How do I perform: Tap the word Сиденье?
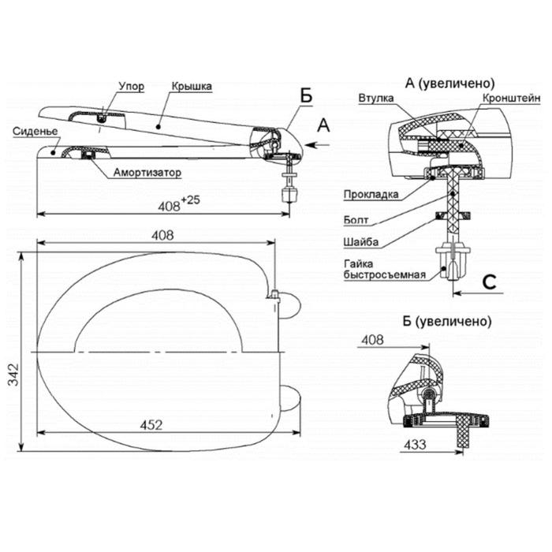tap(32, 132)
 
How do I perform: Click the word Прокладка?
tap(370, 194)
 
